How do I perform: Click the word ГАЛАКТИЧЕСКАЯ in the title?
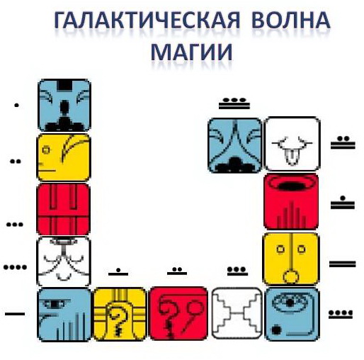147,20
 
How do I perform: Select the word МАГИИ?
191,52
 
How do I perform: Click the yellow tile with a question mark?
120,314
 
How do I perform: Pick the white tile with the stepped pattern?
237,313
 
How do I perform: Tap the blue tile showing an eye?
292,314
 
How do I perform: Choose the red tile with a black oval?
291,201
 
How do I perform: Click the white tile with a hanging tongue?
292,144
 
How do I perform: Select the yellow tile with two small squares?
291,259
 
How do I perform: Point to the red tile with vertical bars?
64,209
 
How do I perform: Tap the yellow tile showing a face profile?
64,157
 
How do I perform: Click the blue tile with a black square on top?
64,106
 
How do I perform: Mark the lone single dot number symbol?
16,106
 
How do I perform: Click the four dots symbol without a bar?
15,267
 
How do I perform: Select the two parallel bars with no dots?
342,264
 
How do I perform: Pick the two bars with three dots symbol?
234,103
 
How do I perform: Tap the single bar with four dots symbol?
341,315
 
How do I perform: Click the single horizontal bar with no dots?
15,314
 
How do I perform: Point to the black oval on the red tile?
292,186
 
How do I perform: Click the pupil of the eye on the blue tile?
290,303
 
